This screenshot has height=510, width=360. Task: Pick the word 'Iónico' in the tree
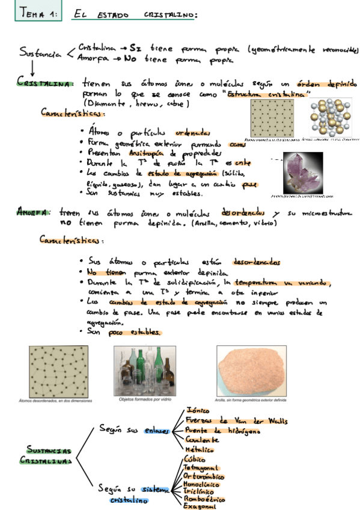pos(198,410)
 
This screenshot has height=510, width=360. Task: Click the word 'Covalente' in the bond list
pos(202,440)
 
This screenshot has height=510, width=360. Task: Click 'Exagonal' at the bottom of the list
pos(200,506)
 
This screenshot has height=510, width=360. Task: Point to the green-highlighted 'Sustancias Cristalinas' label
pos(49,455)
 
